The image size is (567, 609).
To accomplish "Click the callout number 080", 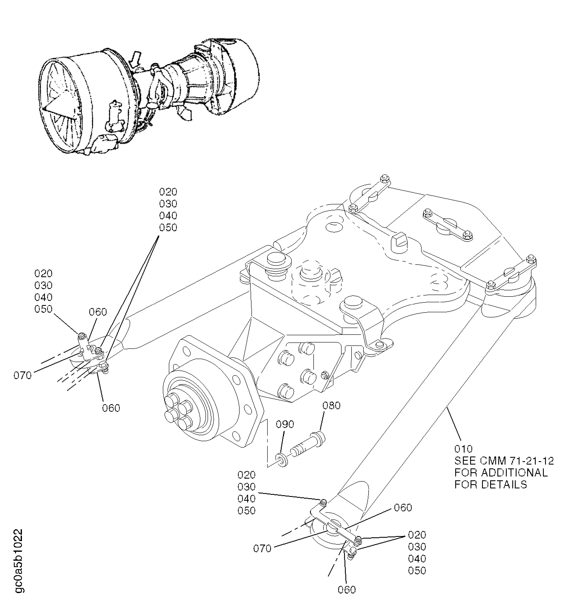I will pos(331,406).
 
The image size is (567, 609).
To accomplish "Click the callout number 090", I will pos(285,424).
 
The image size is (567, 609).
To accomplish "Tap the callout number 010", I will pos(463,449).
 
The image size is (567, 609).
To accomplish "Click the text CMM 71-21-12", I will pos(517,461).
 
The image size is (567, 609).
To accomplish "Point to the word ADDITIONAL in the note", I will pos(514,473).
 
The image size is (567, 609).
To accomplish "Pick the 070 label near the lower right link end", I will pos(262,549).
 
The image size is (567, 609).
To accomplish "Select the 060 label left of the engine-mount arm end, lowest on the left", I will pos(111,408).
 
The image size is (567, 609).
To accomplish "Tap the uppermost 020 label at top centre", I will pos(168,192).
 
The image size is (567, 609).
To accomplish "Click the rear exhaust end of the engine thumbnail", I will pos(242,77).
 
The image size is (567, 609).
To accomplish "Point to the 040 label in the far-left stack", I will pos(43,297).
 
